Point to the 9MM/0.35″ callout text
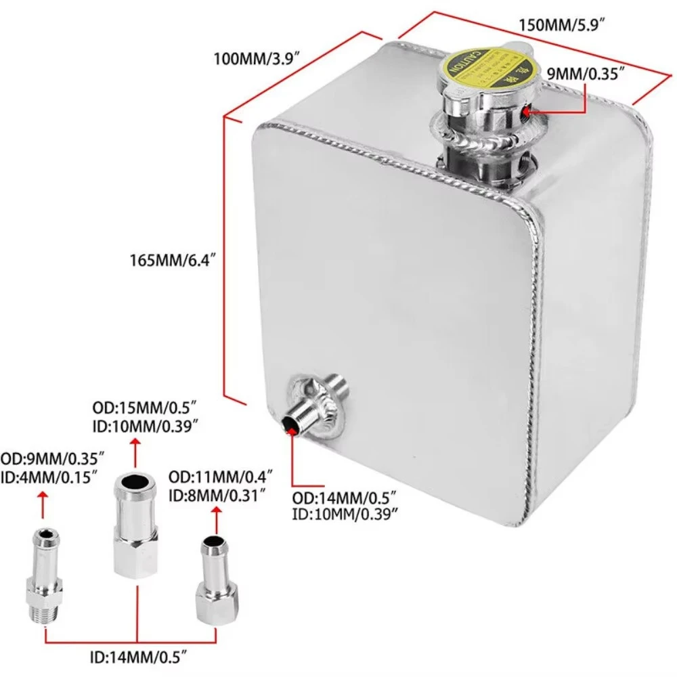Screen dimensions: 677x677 point(584,74)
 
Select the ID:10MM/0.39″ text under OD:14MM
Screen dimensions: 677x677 point(344,514)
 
